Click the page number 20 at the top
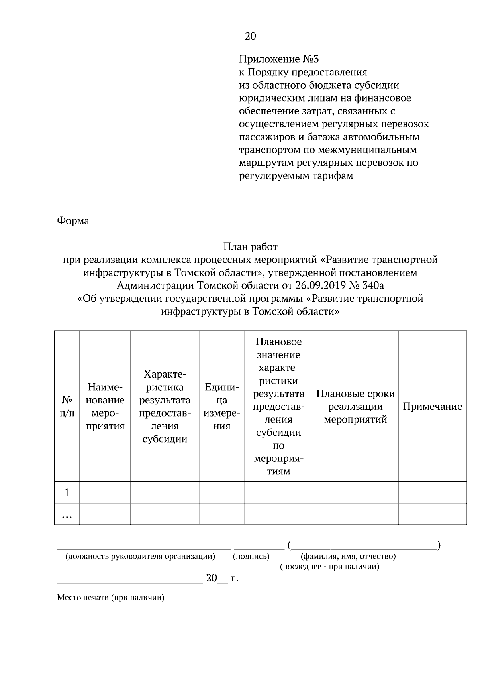[250, 37]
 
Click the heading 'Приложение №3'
[279, 59]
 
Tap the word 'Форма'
[73, 220]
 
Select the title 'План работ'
[250, 247]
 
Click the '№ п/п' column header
[67, 406]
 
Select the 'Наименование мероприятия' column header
[105, 406]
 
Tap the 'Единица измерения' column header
[221, 406]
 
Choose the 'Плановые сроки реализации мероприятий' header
[355, 406]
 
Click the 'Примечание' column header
[432, 406]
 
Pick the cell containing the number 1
[67, 492]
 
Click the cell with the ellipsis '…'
[67, 514]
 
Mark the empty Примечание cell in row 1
[432, 492]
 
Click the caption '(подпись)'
[251, 556]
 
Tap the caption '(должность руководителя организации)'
[140, 556]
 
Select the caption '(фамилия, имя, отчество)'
[348, 556]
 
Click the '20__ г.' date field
[221, 578]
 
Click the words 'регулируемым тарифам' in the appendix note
[296, 176]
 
